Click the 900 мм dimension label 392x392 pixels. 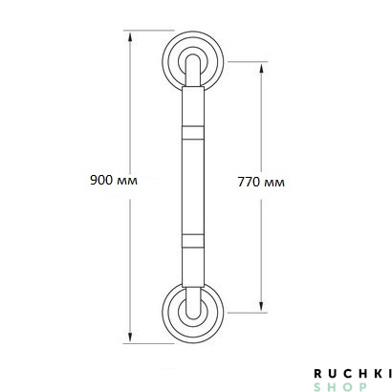(114, 181)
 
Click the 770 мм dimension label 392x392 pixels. (261, 183)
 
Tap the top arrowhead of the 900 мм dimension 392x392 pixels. (130, 36)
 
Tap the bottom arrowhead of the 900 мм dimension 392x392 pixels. (130, 338)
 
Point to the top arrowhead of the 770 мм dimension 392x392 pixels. (261, 68)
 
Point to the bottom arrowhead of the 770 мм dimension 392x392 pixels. (261, 306)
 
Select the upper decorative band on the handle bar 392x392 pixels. (193, 133)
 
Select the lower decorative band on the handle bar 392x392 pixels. (193, 241)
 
